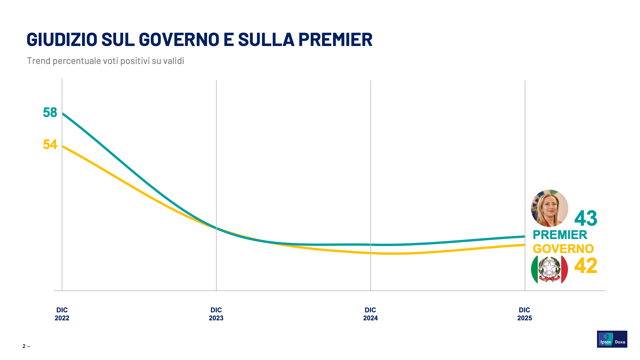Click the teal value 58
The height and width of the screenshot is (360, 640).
(x=50, y=113)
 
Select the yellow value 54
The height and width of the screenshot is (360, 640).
(x=50, y=145)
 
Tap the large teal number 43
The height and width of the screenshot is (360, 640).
(x=586, y=219)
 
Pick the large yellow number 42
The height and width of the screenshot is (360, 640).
(x=586, y=266)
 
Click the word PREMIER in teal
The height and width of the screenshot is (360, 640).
(x=560, y=235)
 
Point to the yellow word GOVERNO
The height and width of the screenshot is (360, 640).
(x=563, y=249)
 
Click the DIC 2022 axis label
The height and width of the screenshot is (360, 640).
(x=62, y=314)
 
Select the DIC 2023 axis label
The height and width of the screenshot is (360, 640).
(x=216, y=314)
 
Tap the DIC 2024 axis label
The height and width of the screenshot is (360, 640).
(x=370, y=314)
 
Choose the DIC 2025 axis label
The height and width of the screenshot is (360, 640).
(x=524, y=314)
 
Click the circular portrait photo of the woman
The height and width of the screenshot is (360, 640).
(x=549, y=208)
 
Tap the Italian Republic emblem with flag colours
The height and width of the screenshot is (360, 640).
(x=549, y=269)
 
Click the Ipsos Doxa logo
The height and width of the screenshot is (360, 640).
(x=612, y=339)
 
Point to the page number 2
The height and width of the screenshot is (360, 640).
(x=24, y=346)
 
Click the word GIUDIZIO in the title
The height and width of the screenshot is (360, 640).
(x=62, y=39)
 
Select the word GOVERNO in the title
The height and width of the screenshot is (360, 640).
(x=179, y=39)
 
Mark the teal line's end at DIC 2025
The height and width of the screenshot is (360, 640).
(x=525, y=236)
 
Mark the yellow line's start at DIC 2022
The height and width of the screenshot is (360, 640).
(x=63, y=146)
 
